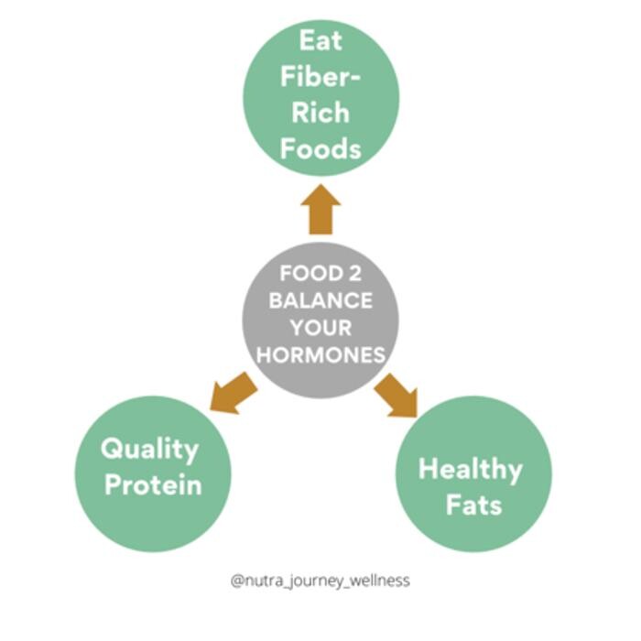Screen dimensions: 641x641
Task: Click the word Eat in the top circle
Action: (320, 41)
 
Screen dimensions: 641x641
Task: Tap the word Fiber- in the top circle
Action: (320, 77)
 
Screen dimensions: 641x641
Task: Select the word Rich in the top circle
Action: (320, 113)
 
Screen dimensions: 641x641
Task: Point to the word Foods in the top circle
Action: (320, 148)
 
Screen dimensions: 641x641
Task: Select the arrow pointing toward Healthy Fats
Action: (395, 393)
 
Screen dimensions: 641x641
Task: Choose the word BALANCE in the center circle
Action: (320, 300)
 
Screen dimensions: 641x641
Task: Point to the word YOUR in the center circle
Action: (320, 328)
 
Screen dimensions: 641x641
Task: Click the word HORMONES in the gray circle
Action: (320, 355)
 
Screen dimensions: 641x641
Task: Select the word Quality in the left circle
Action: (149, 450)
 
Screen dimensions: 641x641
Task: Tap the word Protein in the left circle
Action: (152, 484)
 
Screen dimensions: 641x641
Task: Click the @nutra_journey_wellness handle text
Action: (320, 581)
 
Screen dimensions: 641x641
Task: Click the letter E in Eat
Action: (302, 41)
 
